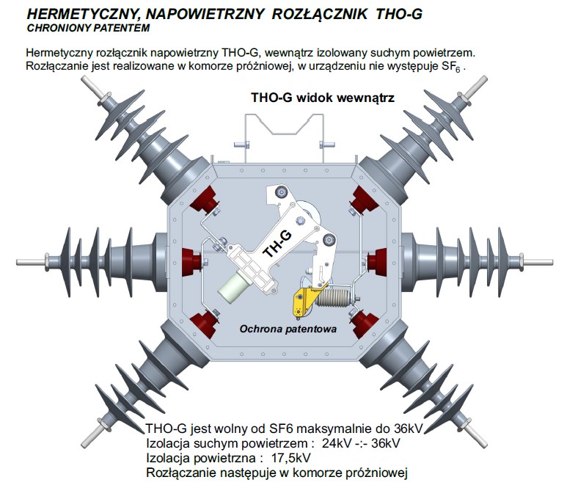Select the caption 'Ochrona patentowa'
[288, 329]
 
